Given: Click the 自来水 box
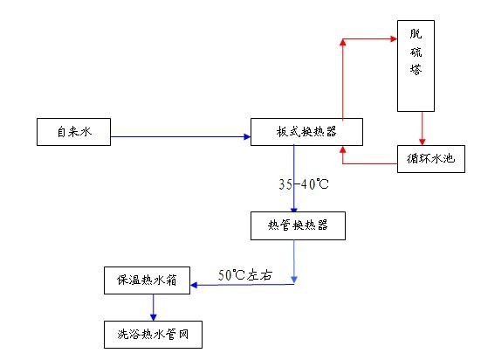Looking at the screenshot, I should click(x=73, y=132).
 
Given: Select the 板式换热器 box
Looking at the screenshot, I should click(x=306, y=132).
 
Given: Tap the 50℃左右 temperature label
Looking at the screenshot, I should click(x=245, y=274).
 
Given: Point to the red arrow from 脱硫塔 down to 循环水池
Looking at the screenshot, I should click(x=423, y=128).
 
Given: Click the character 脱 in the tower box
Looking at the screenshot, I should click(x=416, y=36).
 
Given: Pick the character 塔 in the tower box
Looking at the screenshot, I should click(x=416, y=91).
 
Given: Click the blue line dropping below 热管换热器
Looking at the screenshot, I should click(x=294, y=260).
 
